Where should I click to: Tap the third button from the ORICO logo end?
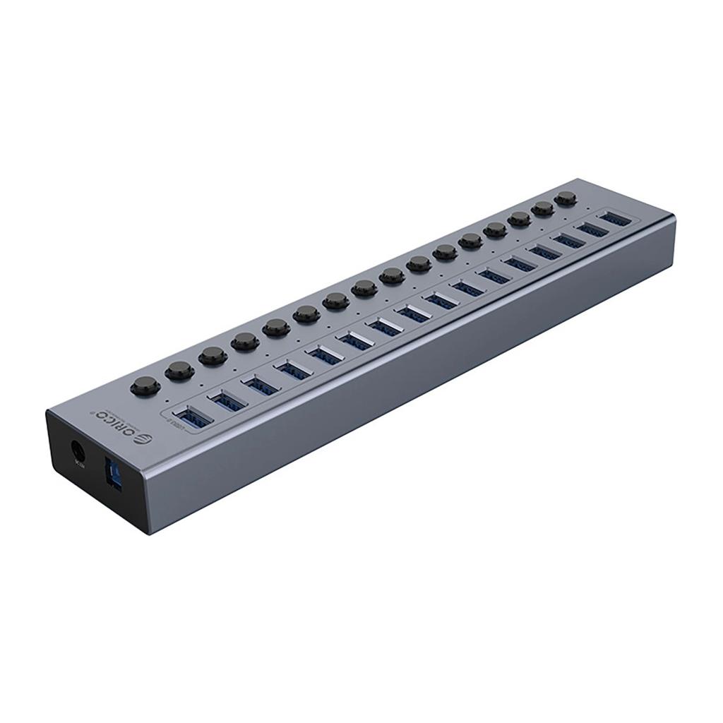213,355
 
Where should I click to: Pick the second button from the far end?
542,208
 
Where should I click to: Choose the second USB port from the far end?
592,228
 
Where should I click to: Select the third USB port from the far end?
568,239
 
